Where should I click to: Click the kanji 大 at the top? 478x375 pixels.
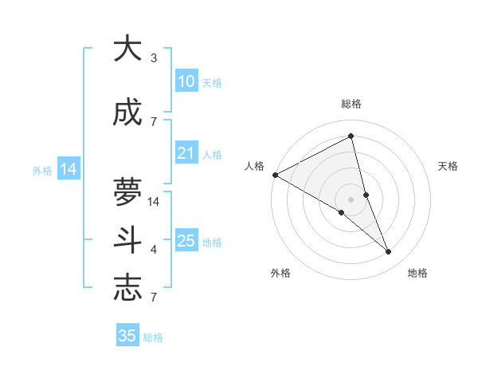click(x=127, y=49)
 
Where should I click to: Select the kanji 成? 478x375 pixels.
click(x=127, y=113)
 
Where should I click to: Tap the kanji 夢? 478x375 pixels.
click(x=127, y=191)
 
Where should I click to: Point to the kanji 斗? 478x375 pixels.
click(x=127, y=239)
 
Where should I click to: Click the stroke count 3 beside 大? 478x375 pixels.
click(x=154, y=58)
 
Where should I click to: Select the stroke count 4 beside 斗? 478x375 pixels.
click(x=154, y=250)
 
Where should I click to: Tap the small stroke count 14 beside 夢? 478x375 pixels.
click(x=155, y=202)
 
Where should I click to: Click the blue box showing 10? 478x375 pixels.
click(x=186, y=81)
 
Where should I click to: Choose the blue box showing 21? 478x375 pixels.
click(x=186, y=153)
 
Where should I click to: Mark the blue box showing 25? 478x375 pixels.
click(x=186, y=241)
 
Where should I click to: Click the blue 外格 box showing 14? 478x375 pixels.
click(x=68, y=169)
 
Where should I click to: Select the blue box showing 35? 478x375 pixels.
click(x=127, y=336)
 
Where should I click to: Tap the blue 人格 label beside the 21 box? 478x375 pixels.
click(x=212, y=154)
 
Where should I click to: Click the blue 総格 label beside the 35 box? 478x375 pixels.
click(x=153, y=337)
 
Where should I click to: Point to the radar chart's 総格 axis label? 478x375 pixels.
click(x=351, y=104)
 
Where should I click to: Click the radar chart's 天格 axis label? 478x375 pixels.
click(x=448, y=166)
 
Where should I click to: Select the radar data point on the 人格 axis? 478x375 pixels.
click(x=275, y=175)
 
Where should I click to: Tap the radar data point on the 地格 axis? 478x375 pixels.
click(x=389, y=252)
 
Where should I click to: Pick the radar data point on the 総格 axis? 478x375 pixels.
click(x=351, y=137)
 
